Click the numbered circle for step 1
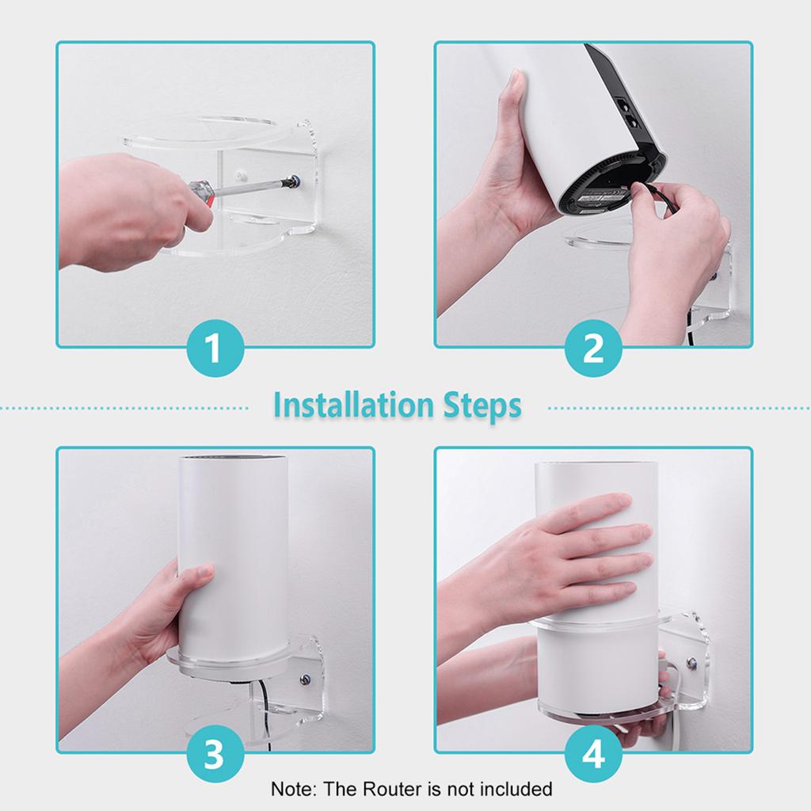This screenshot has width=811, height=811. pos(215,348)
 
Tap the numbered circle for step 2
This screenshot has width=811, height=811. pos(593,348)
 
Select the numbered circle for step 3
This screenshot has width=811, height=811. pos(215,754)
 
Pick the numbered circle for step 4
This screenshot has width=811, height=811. pos(593,754)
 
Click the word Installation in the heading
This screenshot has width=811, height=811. pos(353,405)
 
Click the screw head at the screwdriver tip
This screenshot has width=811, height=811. pos(295,181)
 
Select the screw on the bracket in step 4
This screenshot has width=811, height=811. pos(691,663)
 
